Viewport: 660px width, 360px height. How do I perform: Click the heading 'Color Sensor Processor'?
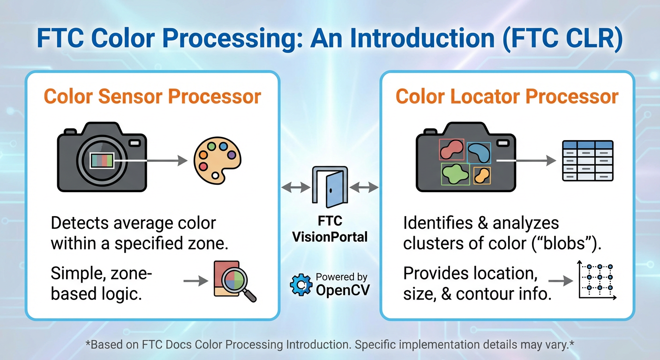point(152,97)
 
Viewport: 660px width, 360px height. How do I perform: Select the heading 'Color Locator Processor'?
point(507,97)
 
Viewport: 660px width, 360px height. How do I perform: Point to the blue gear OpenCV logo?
point(301,285)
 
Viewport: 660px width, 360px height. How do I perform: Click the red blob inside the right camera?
point(451,149)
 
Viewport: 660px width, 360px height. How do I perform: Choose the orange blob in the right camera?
point(482,175)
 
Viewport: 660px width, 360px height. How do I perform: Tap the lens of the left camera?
point(102,160)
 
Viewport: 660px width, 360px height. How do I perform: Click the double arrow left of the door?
point(295,187)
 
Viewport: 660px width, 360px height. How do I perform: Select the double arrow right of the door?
point(364,187)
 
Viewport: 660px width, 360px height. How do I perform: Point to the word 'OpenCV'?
point(342,290)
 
